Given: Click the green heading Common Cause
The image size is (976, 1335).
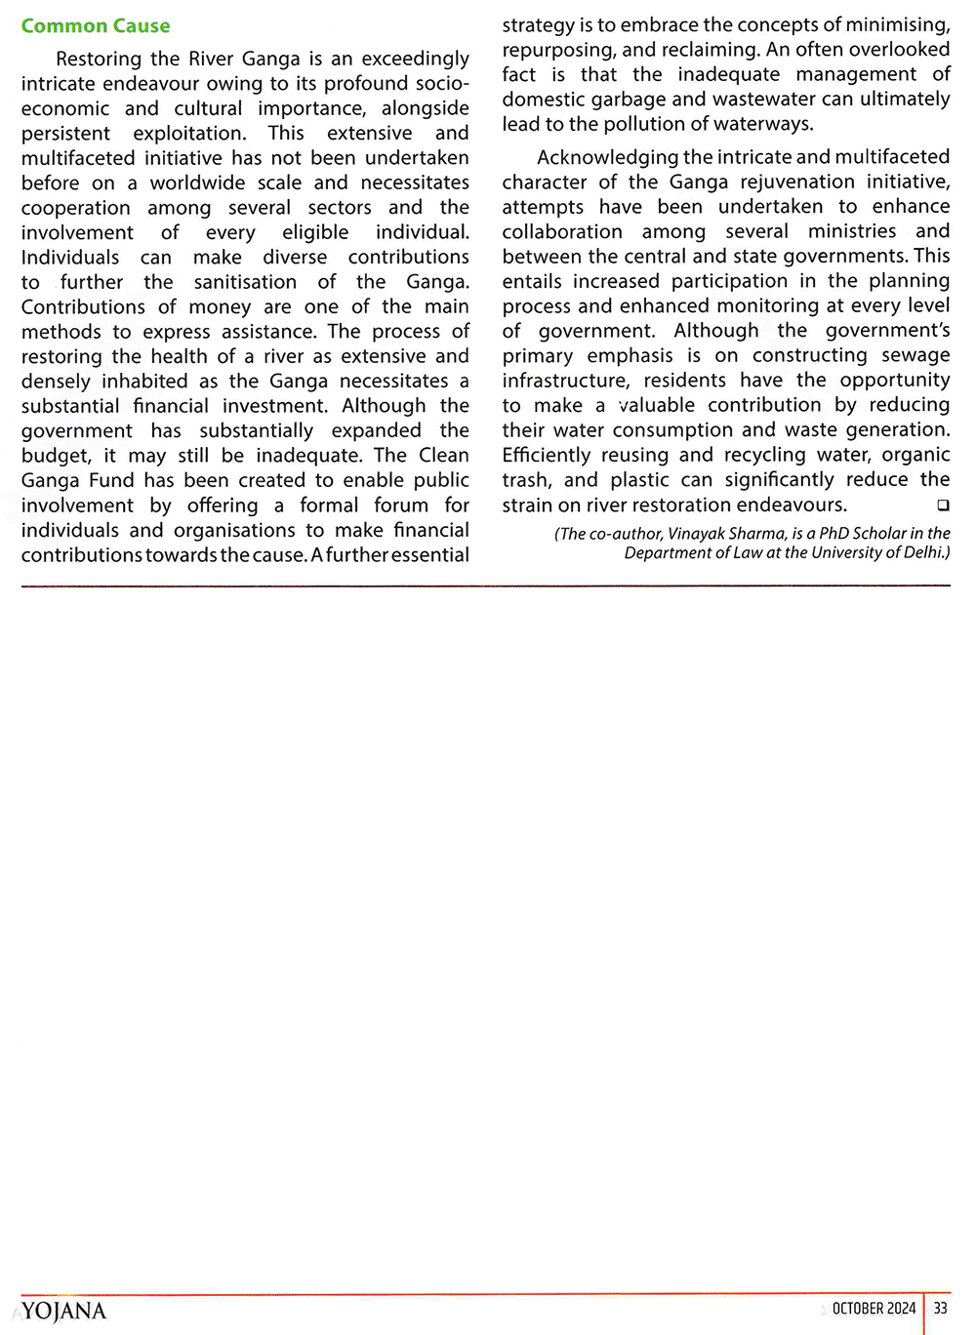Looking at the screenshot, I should (96, 26).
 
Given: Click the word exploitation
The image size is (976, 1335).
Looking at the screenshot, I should (189, 133).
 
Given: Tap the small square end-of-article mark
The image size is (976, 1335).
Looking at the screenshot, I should (943, 506).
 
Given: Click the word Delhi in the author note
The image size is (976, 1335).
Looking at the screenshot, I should (925, 552).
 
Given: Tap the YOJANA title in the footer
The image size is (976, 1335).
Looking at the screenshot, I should (63, 1311).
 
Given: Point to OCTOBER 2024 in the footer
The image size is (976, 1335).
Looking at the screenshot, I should (874, 1309).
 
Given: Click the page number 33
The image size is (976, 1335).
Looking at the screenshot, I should (940, 1309).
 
